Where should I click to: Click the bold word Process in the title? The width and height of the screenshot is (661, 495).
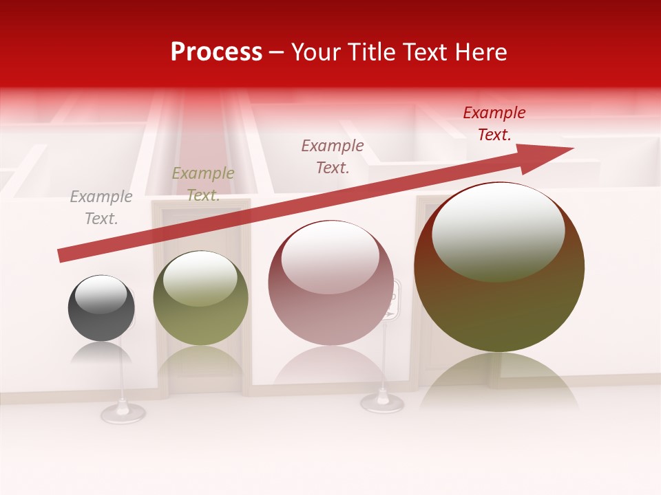tap(216, 52)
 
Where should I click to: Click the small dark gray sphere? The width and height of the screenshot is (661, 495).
tap(101, 308)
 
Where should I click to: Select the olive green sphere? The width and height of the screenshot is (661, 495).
tap(200, 298)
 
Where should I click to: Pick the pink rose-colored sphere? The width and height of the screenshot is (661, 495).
tap(330, 283)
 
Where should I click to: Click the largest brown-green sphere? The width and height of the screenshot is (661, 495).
tap(499, 267)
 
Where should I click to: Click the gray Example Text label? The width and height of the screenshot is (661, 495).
tap(101, 208)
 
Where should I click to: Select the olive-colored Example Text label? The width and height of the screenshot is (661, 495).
tap(203, 184)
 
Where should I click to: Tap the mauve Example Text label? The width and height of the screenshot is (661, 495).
tap(333, 156)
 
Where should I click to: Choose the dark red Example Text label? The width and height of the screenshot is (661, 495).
tap(494, 124)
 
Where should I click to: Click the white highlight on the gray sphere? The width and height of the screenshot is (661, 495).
tap(101, 294)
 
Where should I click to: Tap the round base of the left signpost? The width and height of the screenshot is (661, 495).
tap(123, 412)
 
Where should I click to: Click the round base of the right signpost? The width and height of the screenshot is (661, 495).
tap(382, 402)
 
